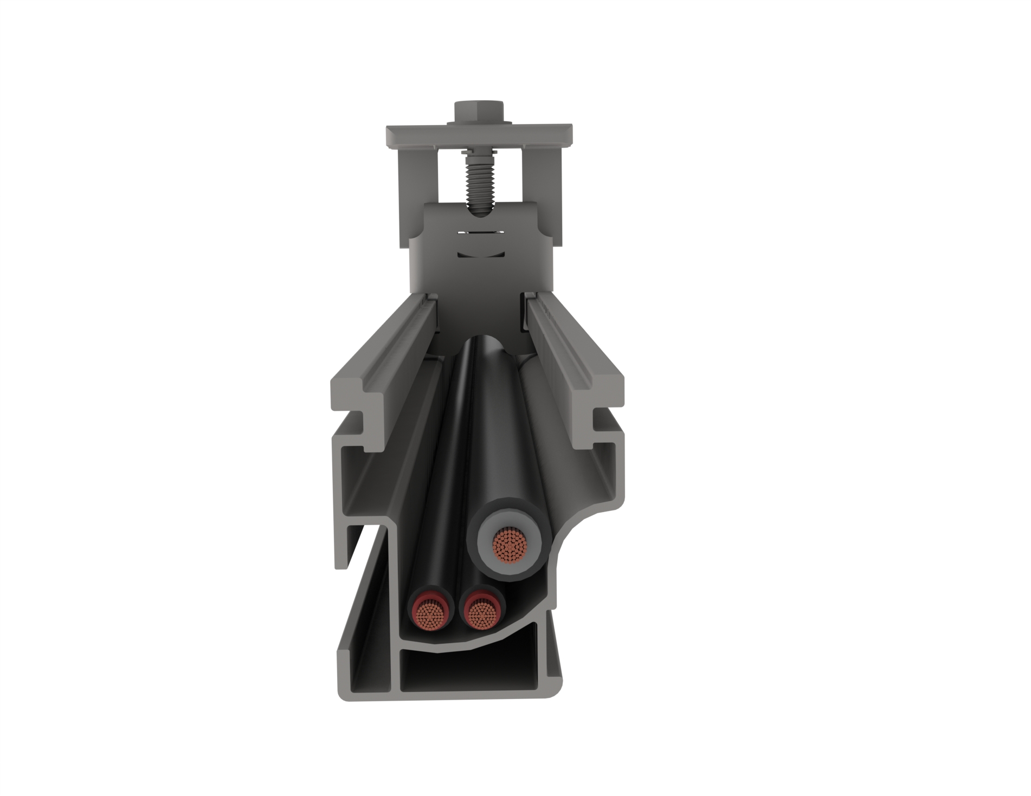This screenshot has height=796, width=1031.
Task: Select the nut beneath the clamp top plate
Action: (479, 148)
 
